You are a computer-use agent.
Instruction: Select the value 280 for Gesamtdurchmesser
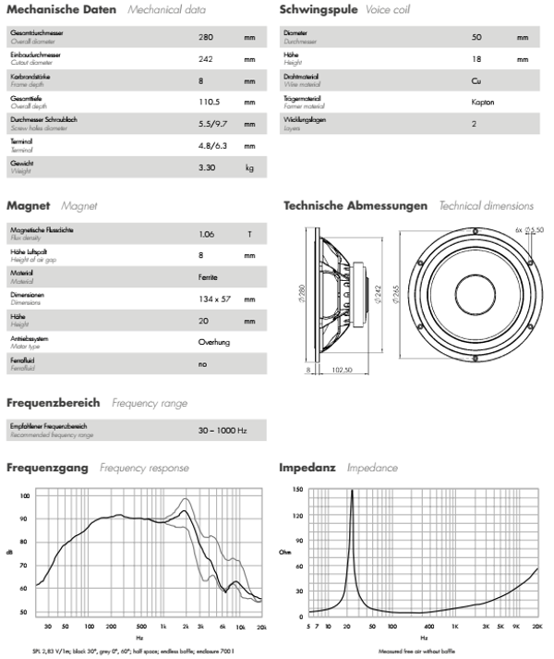(206, 38)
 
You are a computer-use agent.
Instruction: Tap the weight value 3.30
(208, 167)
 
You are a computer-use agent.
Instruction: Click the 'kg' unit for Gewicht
(249, 167)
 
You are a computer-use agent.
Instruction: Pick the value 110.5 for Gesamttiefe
(212, 103)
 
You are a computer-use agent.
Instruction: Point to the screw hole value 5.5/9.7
(214, 124)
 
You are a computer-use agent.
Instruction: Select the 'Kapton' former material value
(484, 103)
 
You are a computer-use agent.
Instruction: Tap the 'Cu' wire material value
(476, 80)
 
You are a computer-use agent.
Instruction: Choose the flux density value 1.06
(207, 235)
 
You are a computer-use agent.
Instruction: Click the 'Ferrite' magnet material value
(209, 277)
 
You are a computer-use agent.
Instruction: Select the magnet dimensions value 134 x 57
(214, 299)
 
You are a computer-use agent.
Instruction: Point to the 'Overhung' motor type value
(214, 342)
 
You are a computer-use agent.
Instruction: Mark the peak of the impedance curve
(352, 491)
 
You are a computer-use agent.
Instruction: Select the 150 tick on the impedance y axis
(297, 490)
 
